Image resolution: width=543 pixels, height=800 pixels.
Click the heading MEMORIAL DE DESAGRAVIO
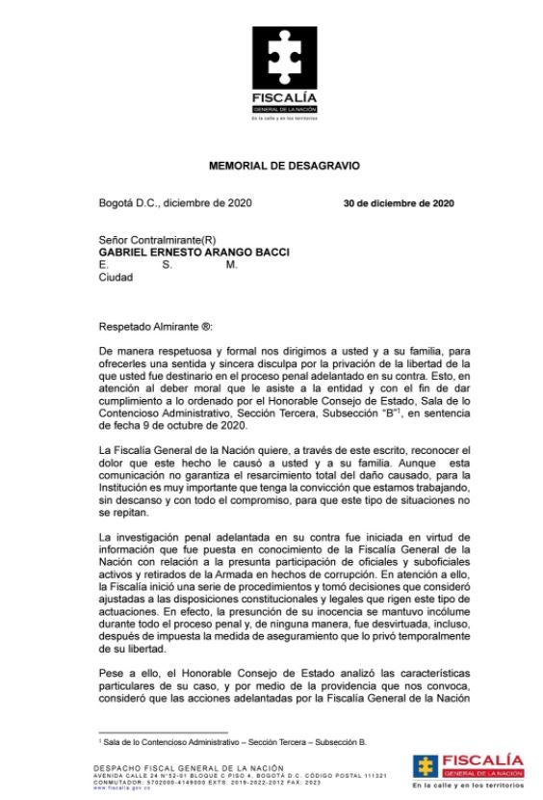click(284, 166)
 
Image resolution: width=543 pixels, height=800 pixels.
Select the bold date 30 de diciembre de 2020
click(399, 203)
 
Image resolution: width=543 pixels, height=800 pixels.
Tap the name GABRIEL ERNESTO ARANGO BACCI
click(194, 253)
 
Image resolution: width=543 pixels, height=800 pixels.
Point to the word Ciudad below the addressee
click(116, 278)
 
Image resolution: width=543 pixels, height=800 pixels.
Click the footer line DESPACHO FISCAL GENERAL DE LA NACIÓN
click(182, 767)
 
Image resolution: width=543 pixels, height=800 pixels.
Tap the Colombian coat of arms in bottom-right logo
click(426, 766)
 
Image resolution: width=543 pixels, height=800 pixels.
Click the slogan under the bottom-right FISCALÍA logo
click(467, 787)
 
